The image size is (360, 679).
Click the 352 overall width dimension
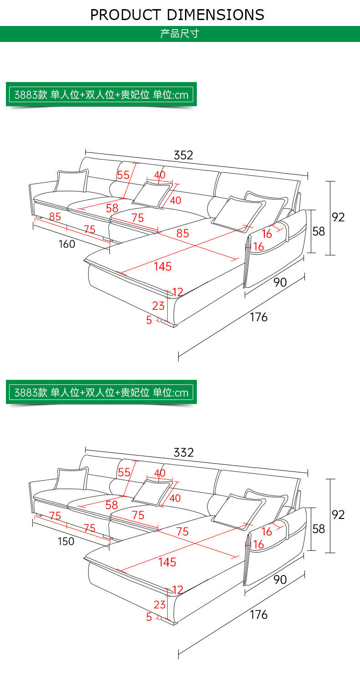pyautogui.click(x=183, y=155)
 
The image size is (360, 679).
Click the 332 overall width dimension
pyautogui.click(x=183, y=452)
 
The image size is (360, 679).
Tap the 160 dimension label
pyautogui.click(x=67, y=244)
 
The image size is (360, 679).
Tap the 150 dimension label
pyautogui.click(x=66, y=541)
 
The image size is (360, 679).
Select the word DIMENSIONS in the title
pyautogui.click(x=216, y=15)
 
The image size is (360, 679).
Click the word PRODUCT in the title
pyautogui.click(x=125, y=15)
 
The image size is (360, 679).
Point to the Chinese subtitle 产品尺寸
pyautogui.click(x=180, y=33)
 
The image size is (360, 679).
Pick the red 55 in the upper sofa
pyautogui.click(x=123, y=175)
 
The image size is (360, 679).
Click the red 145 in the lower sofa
pyautogui.click(x=167, y=563)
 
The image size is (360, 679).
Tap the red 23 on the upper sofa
pyautogui.click(x=158, y=306)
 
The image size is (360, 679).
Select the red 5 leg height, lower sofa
pyautogui.click(x=149, y=617)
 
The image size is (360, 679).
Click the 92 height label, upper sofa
pyautogui.click(x=338, y=217)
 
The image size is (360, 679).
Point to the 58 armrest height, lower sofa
pyautogui.click(x=319, y=529)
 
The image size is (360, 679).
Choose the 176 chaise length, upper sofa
pyautogui.click(x=259, y=317)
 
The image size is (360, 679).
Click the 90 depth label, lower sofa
pyautogui.click(x=280, y=580)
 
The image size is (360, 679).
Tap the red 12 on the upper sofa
pyautogui.click(x=178, y=292)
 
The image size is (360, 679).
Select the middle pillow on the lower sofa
pyautogui.click(x=152, y=492)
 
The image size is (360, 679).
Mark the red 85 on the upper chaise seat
pyautogui.click(x=183, y=233)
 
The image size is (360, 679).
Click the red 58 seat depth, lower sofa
pyautogui.click(x=112, y=505)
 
